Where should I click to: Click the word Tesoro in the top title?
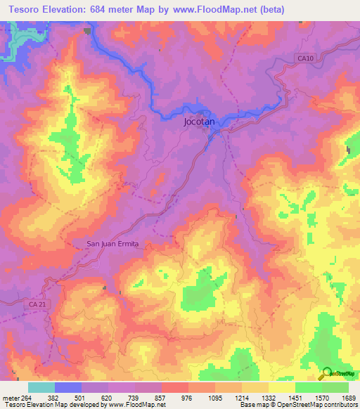pyautogui.click(x=24, y=9)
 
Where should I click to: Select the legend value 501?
pyautogui.click(x=69, y=397)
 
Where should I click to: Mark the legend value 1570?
pyautogui.click(x=310, y=397)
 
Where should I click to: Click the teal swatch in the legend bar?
pyautogui.click(x=41, y=387)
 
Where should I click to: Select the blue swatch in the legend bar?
pyautogui.click(x=67, y=387)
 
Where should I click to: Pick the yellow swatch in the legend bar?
pyautogui.click(x=281, y=387)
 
